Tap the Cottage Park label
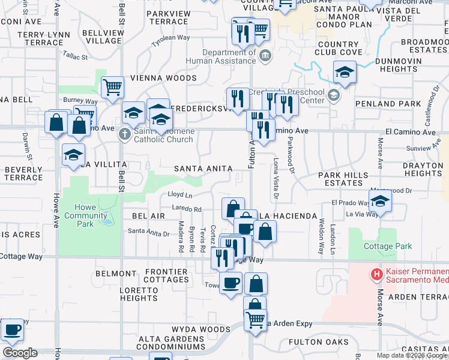[388, 246]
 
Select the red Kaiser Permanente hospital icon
[377, 275]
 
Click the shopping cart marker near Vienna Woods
[112, 88]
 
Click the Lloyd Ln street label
[180, 195]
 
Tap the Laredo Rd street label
[188, 210]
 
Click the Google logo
[19, 352]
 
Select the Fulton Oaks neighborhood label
[309, 342]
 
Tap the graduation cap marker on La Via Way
[380, 203]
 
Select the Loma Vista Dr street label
[276, 178]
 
